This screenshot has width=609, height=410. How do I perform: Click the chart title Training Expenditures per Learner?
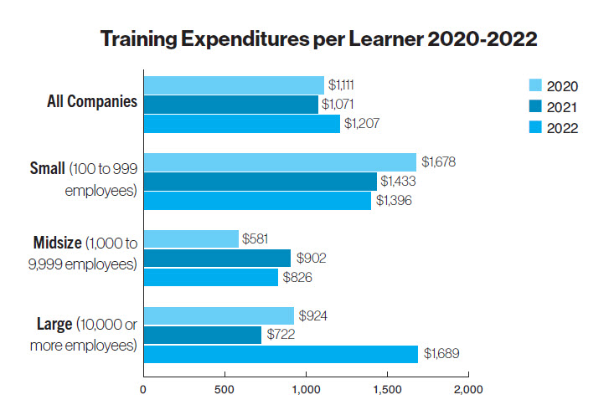[x=318, y=39]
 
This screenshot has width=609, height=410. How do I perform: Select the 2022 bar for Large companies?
[x=280, y=355]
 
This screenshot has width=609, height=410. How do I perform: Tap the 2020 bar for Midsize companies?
[x=191, y=239]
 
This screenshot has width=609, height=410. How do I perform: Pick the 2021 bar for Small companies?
[x=260, y=181]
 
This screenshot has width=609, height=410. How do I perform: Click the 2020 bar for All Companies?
[x=234, y=85]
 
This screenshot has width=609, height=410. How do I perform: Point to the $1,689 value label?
[x=442, y=355]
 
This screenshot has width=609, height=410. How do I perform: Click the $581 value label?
[x=255, y=239]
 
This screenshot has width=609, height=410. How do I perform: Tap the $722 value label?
[x=281, y=335]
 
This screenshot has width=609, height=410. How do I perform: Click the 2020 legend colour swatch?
[x=535, y=85]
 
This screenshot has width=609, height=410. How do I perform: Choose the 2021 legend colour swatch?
[x=535, y=106]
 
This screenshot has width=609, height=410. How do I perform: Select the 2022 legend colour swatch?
[x=535, y=127]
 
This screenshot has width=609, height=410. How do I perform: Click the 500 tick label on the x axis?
[x=225, y=389]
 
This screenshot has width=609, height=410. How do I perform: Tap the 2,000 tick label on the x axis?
[x=468, y=389]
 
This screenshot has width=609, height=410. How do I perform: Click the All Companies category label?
[x=92, y=102]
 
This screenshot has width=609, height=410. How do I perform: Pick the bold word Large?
[x=53, y=323]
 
